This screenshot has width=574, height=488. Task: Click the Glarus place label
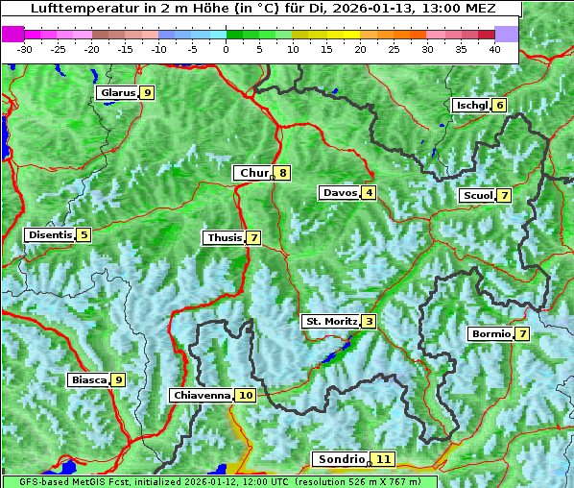point(116,93)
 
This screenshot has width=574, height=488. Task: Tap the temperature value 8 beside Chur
point(283,173)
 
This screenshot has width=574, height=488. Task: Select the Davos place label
point(339,193)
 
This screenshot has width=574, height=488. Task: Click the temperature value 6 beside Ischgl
point(499,105)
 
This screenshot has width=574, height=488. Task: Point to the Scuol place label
point(477,196)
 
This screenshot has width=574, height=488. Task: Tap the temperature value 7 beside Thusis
point(253,237)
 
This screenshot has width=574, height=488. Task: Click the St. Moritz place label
point(330,321)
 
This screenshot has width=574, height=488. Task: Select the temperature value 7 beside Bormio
point(521,334)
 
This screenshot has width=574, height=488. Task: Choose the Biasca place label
point(88,380)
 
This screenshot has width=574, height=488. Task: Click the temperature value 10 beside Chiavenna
point(246,395)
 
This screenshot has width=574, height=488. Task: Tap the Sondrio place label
point(341,459)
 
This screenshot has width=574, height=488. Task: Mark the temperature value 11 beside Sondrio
point(383,459)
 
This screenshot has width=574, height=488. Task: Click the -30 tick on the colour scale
point(25,49)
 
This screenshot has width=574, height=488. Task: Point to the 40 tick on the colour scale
point(494,49)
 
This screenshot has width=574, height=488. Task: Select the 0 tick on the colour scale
point(226,49)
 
